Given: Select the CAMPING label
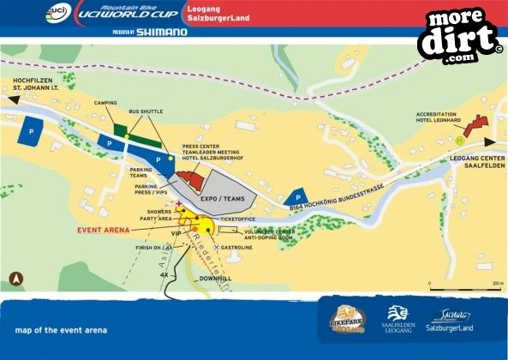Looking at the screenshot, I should click(105, 102).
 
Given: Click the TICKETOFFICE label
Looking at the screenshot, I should click(237, 219).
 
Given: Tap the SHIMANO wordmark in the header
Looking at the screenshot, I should click(162, 32).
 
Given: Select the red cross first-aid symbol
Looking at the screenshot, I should click(178, 202).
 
